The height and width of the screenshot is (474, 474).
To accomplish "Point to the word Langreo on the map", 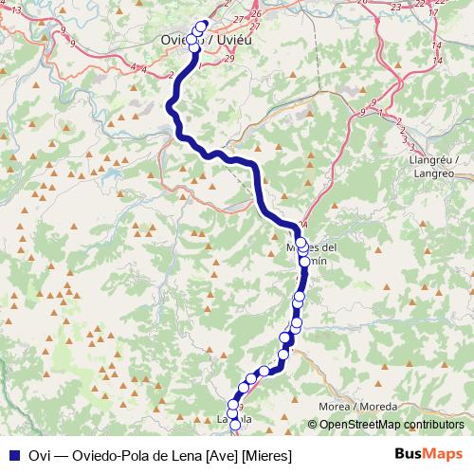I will [x=434, y=173].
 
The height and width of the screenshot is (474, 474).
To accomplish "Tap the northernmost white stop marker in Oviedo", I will [x=201, y=27].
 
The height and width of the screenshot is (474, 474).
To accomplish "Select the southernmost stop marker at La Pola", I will [x=235, y=431].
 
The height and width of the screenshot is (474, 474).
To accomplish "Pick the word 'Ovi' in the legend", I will [x=40, y=456].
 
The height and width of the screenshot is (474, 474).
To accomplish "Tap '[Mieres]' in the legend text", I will [x=266, y=456].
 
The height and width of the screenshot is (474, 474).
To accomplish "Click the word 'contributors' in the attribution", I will [x=435, y=425].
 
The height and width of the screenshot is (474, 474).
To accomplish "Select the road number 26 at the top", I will [x=256, y=14].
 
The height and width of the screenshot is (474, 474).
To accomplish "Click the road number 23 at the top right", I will [x=394, y=7].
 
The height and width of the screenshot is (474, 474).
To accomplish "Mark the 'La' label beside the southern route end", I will [x=224, y=418].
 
